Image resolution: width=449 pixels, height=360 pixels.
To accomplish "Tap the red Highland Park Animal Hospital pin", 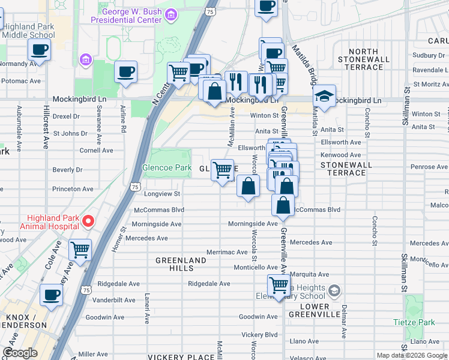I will pyautogui.click(x=88, y=221).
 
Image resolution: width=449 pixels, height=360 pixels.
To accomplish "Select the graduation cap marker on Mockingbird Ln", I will pyautogui.click(x=324, y=98).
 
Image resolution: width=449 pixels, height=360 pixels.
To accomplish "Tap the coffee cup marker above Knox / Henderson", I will pyautogui.click(x=51, y=295).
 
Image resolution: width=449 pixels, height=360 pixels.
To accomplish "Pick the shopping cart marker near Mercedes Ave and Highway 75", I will pyautogui.click(x=80, y=250).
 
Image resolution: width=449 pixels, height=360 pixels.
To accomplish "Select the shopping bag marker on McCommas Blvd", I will pyautogui.click(x=283, y=205).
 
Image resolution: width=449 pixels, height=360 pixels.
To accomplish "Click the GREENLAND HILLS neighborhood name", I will pyautogui.click(x=181, y=265).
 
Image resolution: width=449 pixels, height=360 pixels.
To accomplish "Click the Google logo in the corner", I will pyautogui.click(x=19, y=353).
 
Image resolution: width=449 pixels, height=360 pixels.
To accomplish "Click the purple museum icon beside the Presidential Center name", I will pyautogui.click(x=172, y=14).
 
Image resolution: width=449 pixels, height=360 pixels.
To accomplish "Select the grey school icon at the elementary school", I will pyautogui.click(x=334, y=292).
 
